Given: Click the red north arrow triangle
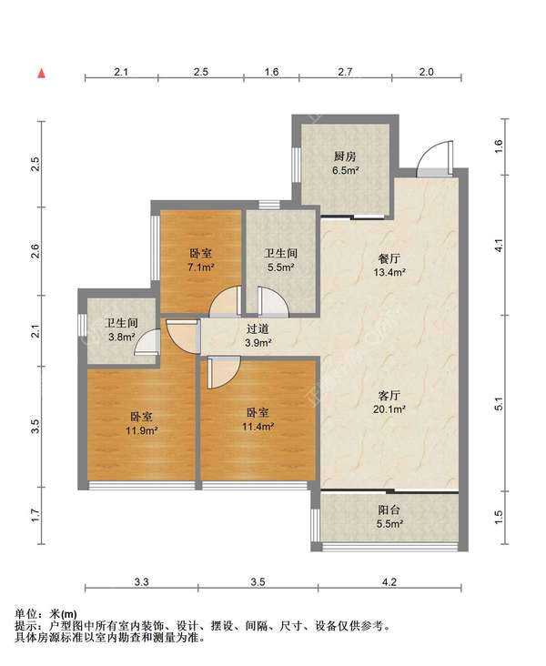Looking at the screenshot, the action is [42, 74].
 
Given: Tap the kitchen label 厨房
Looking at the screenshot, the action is [345, 156].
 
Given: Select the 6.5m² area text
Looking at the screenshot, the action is [345, 171].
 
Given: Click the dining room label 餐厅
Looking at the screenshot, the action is [389, 258].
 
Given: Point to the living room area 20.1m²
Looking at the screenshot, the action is [389, 409].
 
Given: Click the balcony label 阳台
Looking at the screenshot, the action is [389, 510].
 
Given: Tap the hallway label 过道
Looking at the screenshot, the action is [258, 328].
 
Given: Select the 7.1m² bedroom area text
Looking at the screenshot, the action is [200, 267].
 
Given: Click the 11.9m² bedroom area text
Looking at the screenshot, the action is [141, 430].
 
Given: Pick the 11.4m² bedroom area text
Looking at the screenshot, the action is [258, 427].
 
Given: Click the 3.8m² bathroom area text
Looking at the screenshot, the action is [122, 338].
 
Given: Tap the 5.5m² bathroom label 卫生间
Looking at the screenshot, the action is [280, 254].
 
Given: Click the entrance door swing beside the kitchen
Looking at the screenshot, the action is [433, 159].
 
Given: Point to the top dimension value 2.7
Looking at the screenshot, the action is [345, 72].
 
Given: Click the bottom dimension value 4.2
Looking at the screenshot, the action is [389, 582].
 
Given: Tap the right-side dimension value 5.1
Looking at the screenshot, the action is [498, 403].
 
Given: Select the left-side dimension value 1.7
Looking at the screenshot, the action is [35, 515].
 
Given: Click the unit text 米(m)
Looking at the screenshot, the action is [64, 614].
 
